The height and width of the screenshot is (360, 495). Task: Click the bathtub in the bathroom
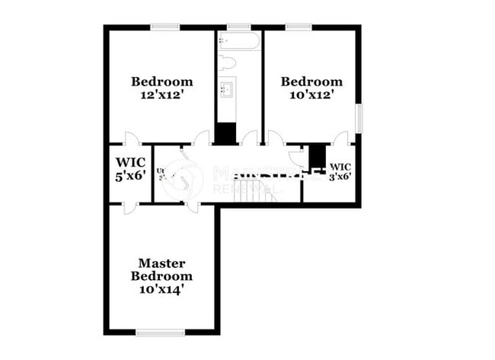tap(238, 40)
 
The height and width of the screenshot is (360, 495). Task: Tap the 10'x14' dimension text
tap(161, 289)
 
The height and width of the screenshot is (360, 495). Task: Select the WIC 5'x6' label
tap(130, 169)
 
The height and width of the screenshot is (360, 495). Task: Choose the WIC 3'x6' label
tap(340, 171)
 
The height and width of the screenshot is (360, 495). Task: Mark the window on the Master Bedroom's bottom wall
tap(160, 332)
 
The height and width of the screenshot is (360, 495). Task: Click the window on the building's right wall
tap(359, 118)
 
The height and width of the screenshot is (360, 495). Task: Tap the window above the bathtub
tap(238, 27)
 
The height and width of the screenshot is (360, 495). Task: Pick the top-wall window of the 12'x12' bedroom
tap(164, 27)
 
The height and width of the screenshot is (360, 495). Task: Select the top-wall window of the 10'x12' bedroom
tap(298, 27)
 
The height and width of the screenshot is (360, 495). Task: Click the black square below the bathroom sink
tap(225, 132)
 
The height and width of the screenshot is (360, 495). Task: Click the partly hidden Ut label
tap(161, 171)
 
